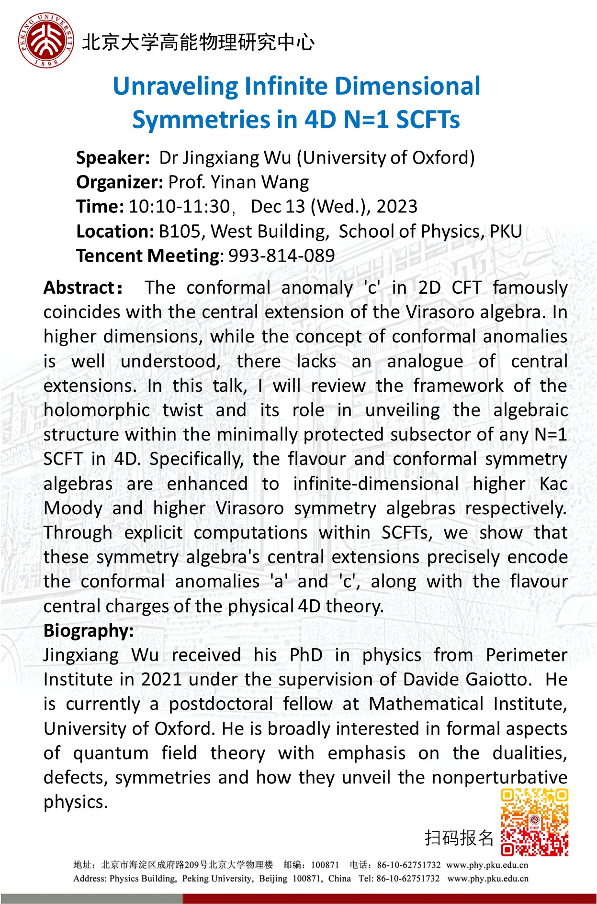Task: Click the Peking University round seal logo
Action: pyautogui.click(x=46, y=41)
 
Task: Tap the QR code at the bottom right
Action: pyautogui.click(x=534, y=823)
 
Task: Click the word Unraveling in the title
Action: pyautogui.click(x=175, y=87)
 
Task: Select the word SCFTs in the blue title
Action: pyautogui.click(x=428, y=120)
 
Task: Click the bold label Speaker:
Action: pyautogui.click(x=113, y=158)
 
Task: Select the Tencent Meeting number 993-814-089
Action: pyautogui.click(x=282, y=256)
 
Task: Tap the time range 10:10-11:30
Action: pyautogui.click(x=179, y=207)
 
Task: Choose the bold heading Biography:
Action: pyautogui.click(x=89, y=631)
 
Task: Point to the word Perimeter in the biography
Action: pyautogui.click(x=526, y=655)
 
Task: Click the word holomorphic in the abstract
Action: pyautogui.click(x=97, y=410)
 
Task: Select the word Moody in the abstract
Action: pyautogui.click(x=73, y=508)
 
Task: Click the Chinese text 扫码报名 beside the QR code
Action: pyautogui.click(x=458, y=838)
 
